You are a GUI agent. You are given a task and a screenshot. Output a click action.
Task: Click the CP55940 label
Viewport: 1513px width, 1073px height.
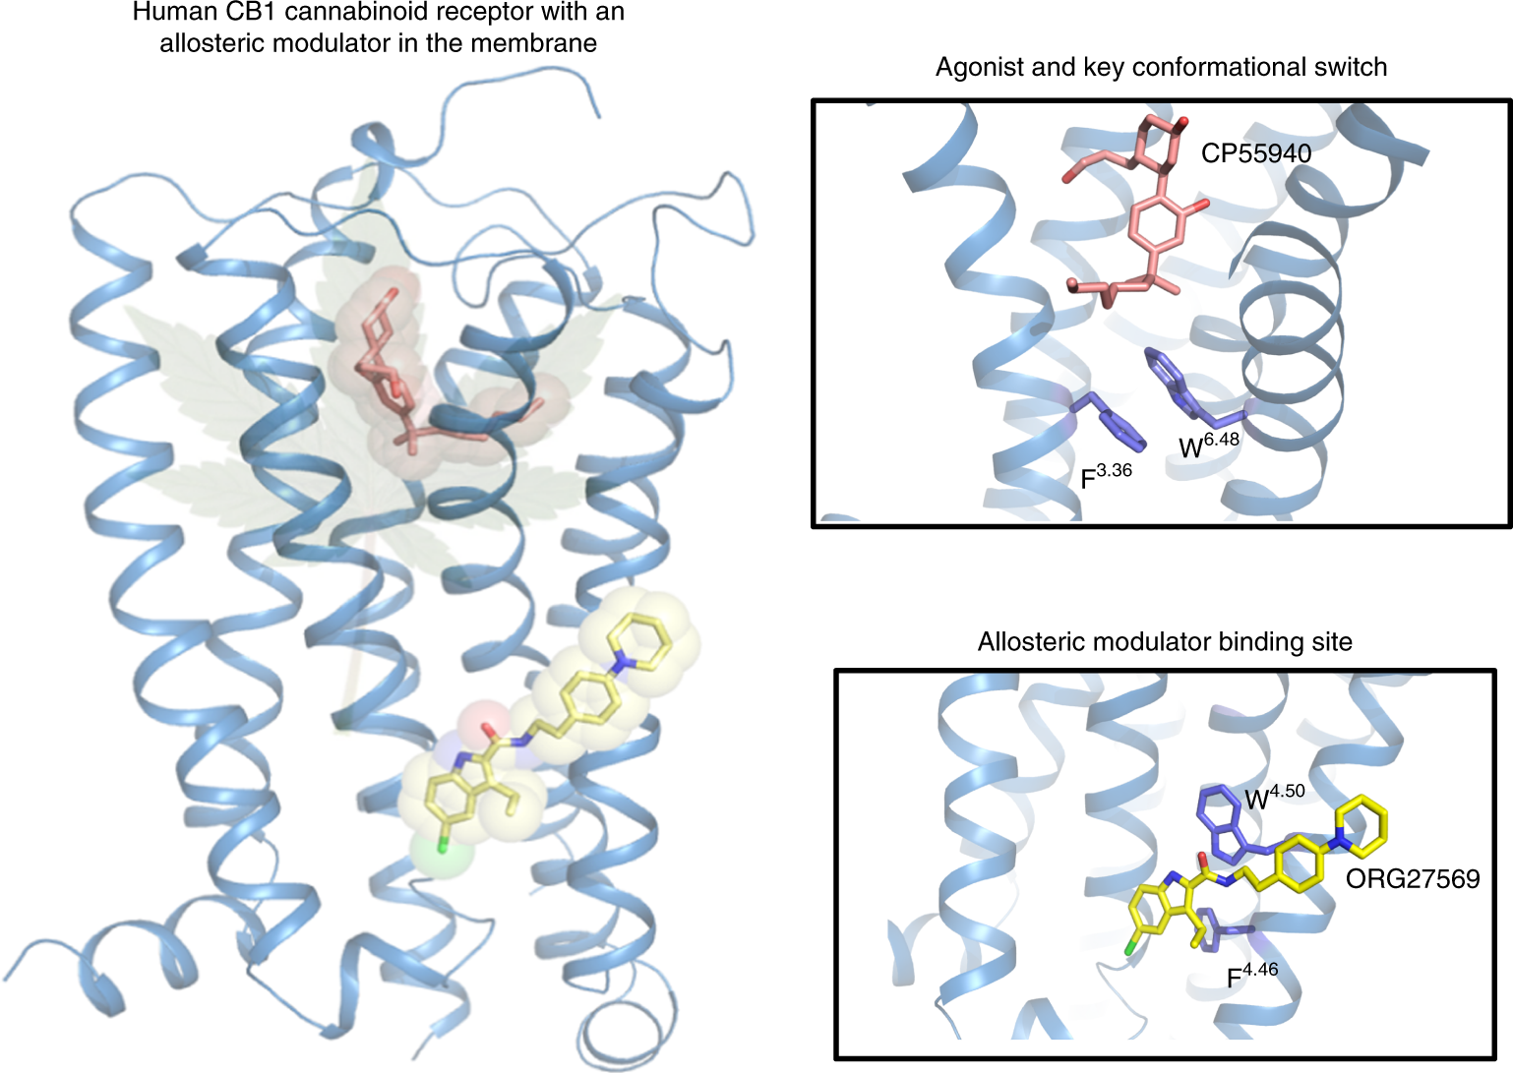pos(1255,153)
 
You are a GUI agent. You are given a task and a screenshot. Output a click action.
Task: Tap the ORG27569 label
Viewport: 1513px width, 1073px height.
pos(1412,878)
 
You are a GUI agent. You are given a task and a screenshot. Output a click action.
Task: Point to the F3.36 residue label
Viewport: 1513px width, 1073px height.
pos(1106,476)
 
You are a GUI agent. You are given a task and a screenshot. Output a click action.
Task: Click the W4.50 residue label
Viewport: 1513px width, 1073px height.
pos(1275,797)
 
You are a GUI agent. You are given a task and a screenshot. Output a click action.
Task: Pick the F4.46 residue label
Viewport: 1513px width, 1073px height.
pos(1251,976)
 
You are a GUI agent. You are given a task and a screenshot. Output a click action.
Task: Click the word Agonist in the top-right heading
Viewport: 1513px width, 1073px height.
pos(974,67)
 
